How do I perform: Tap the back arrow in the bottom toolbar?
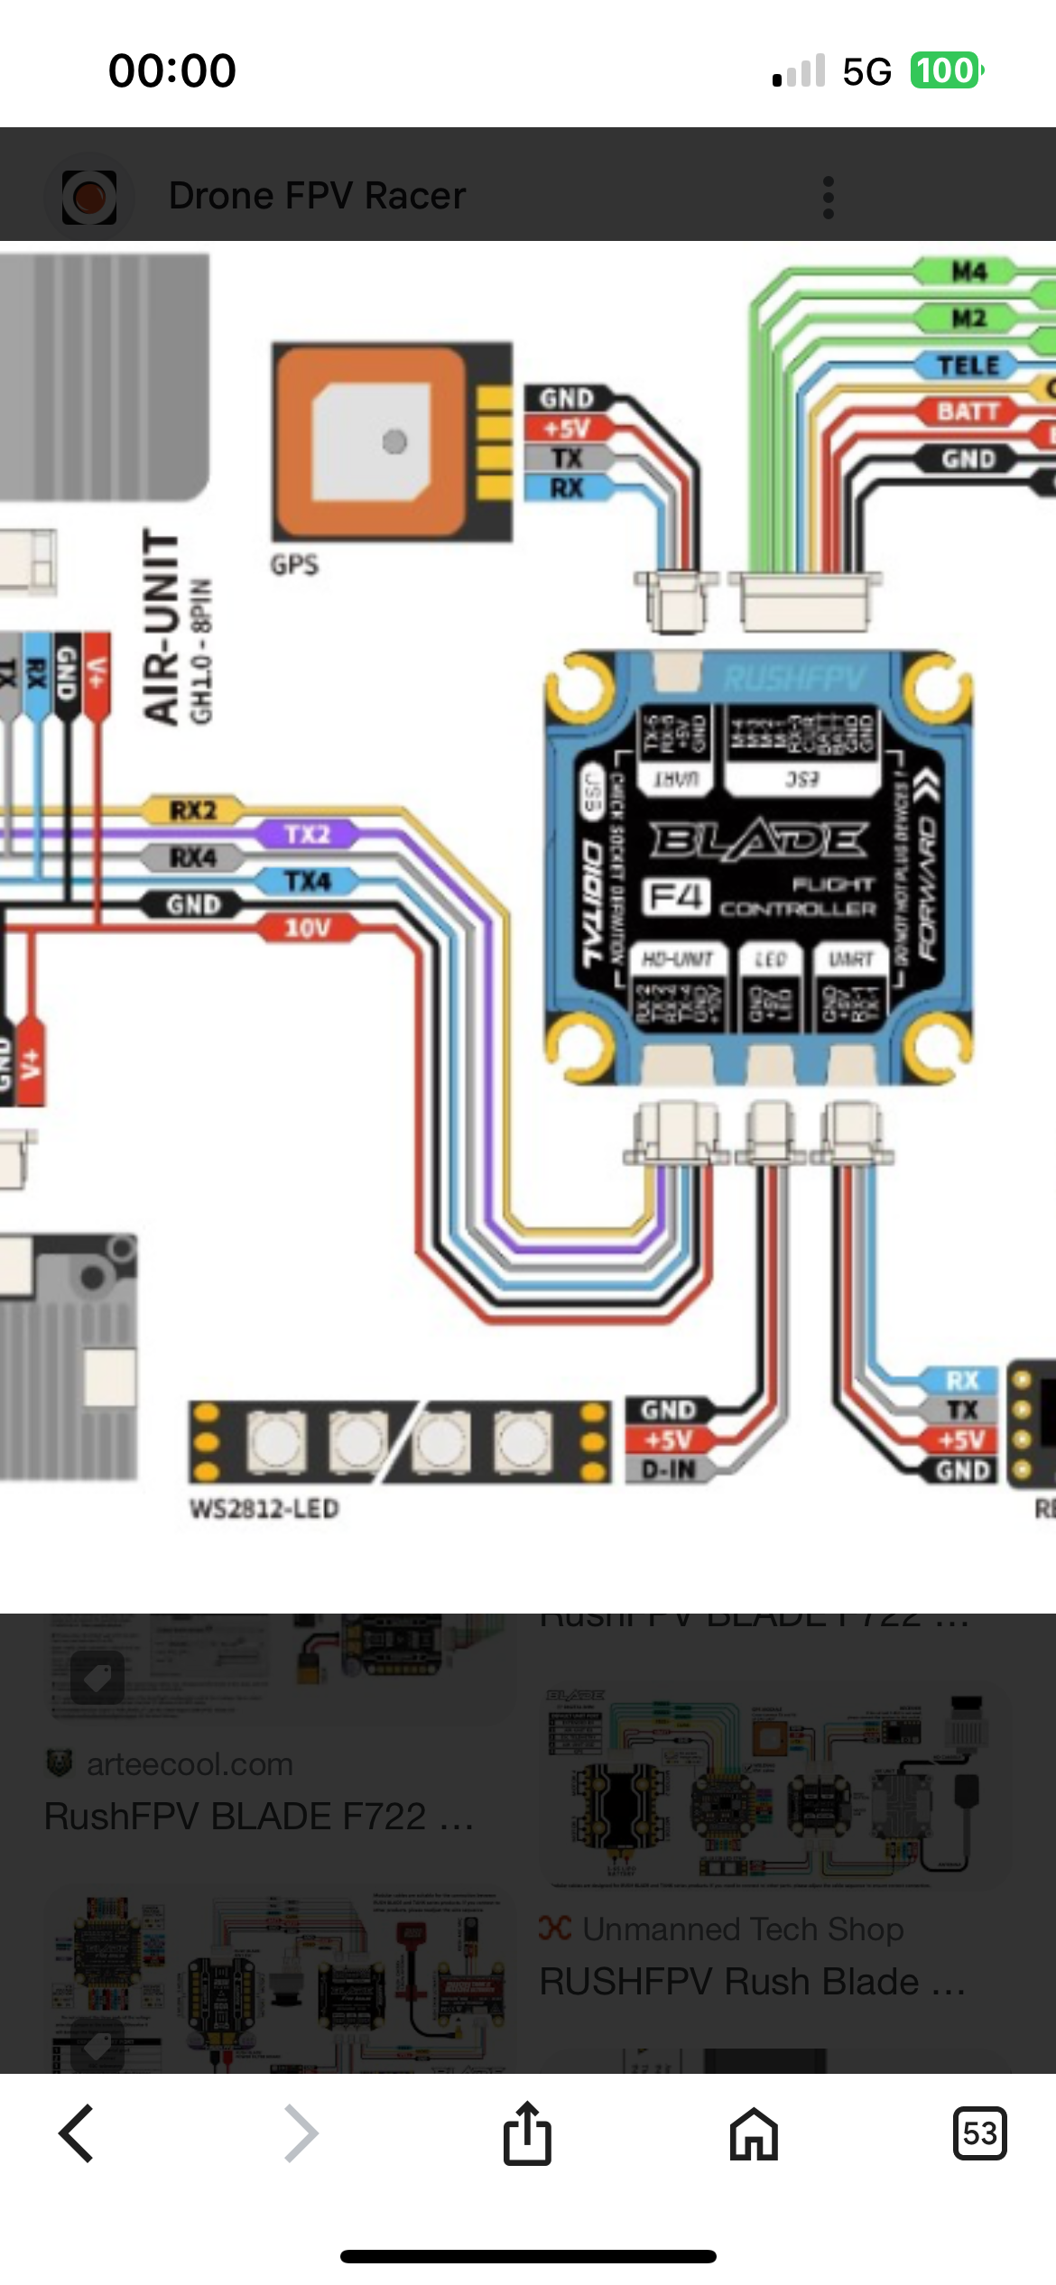77,2133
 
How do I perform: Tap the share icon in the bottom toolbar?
527,2133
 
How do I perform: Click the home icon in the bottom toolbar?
754,2133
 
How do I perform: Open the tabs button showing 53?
979,2133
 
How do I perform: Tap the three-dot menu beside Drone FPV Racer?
828,197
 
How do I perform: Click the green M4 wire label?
968,272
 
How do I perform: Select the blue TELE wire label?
968,365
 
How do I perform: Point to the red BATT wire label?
968,412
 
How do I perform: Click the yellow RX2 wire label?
193,810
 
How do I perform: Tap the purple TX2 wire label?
308,834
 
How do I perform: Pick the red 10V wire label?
308,928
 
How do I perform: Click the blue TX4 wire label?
308,881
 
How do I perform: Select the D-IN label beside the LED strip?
669,1470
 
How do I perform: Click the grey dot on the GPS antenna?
394,441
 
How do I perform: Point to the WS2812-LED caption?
264,1509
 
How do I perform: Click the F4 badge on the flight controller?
675,897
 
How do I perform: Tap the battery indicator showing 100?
945,70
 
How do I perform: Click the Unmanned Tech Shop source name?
743,1929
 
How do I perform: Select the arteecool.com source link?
190,1763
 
